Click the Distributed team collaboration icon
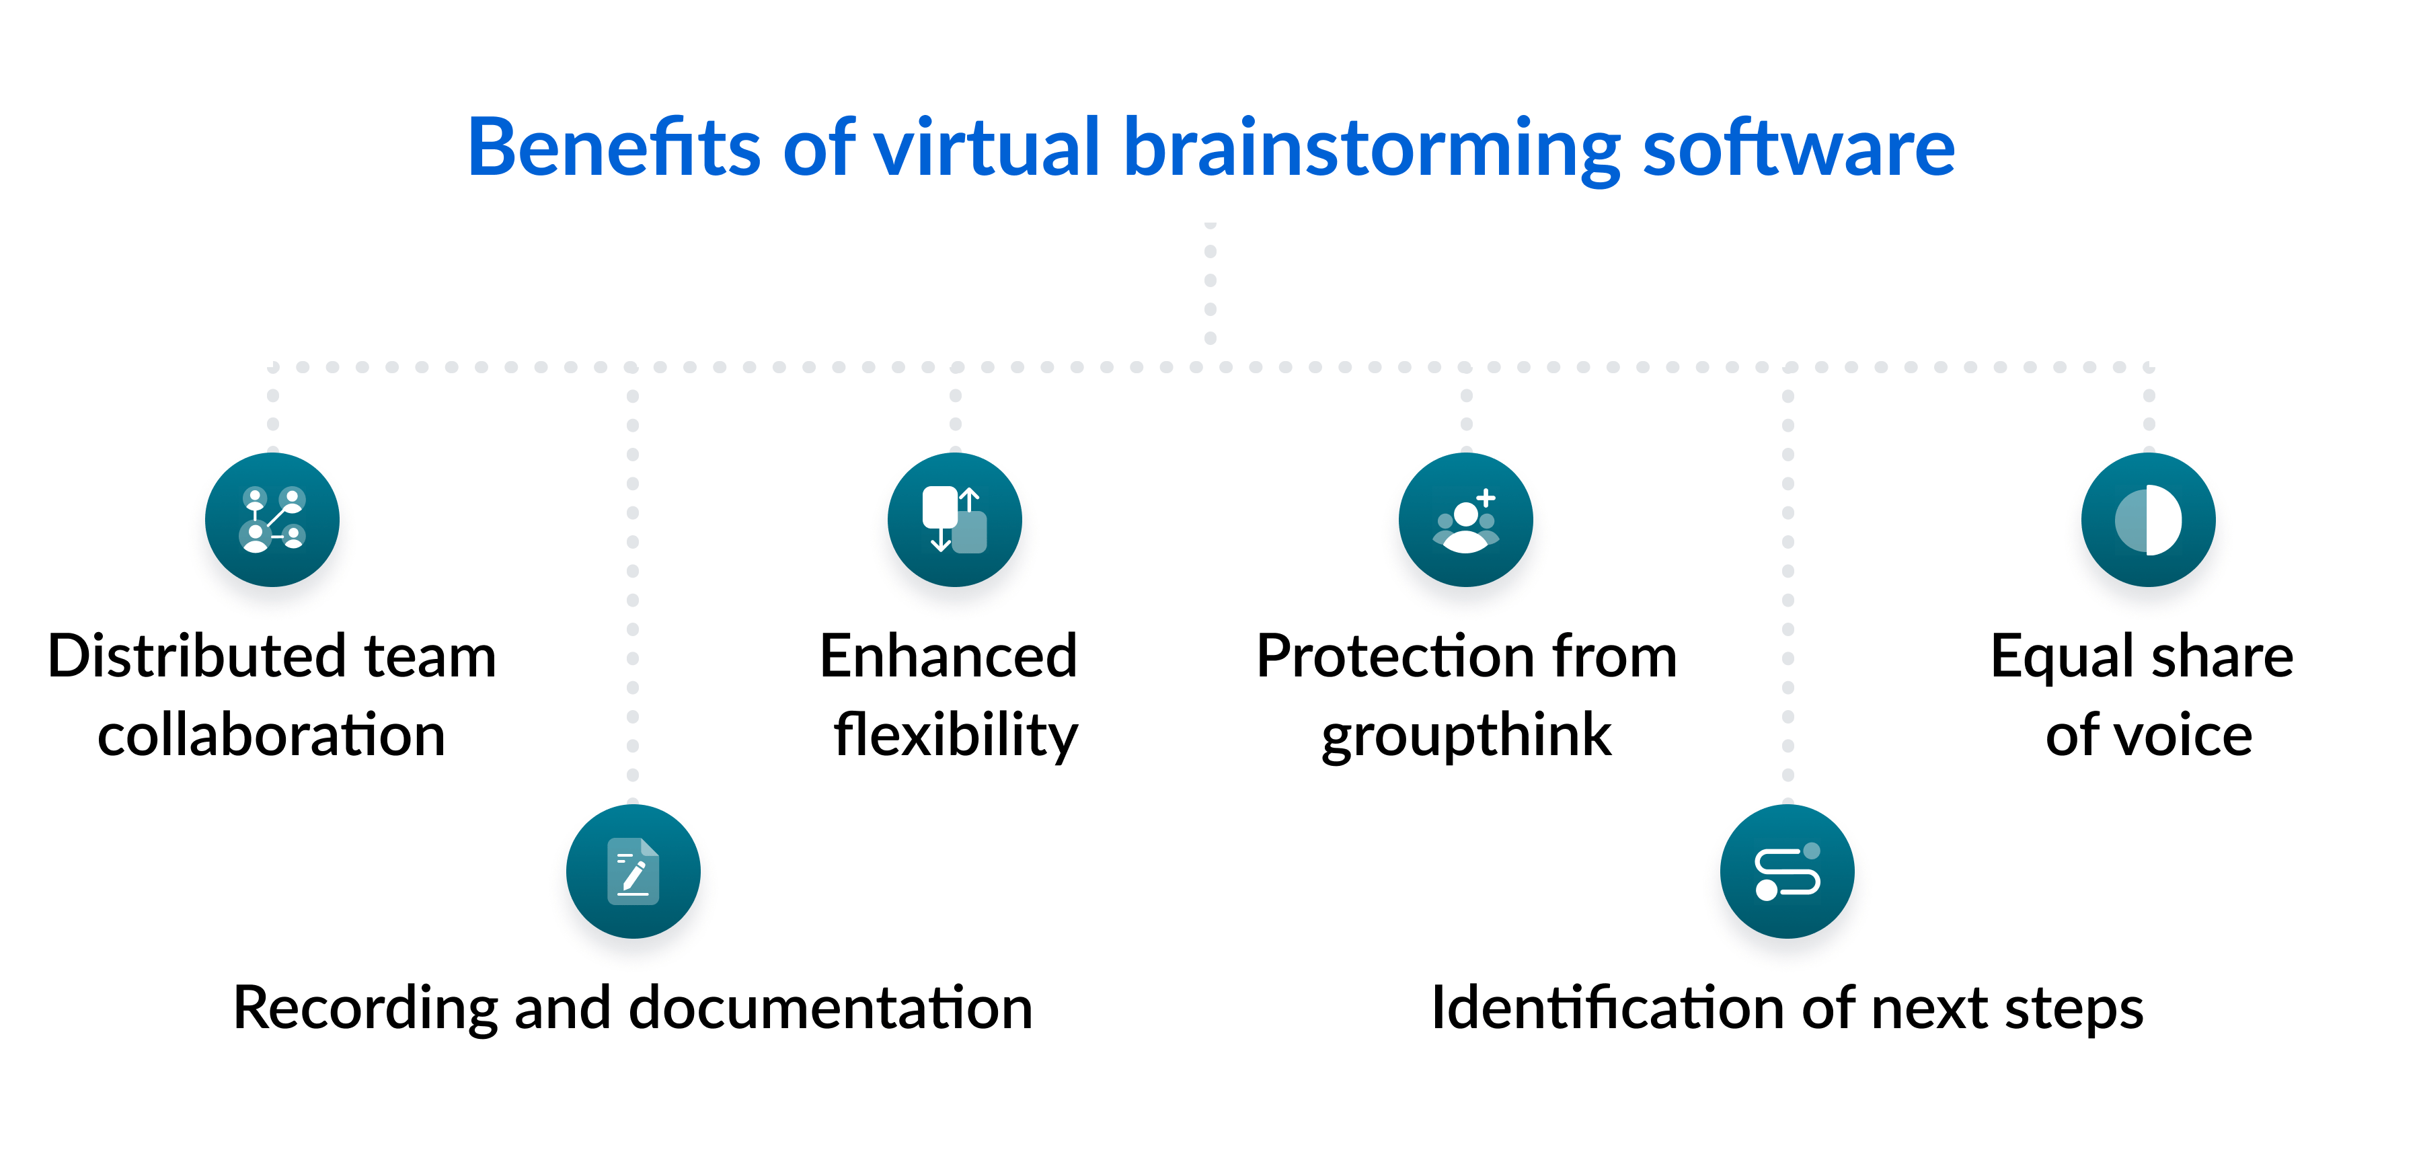(272, 520)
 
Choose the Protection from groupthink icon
(1465, 520)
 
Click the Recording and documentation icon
(633, 871)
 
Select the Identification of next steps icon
(1787, 871)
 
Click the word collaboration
(272, 735)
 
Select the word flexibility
(955, 735)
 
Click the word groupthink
(1465, 735)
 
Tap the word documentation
(830, 1007)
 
